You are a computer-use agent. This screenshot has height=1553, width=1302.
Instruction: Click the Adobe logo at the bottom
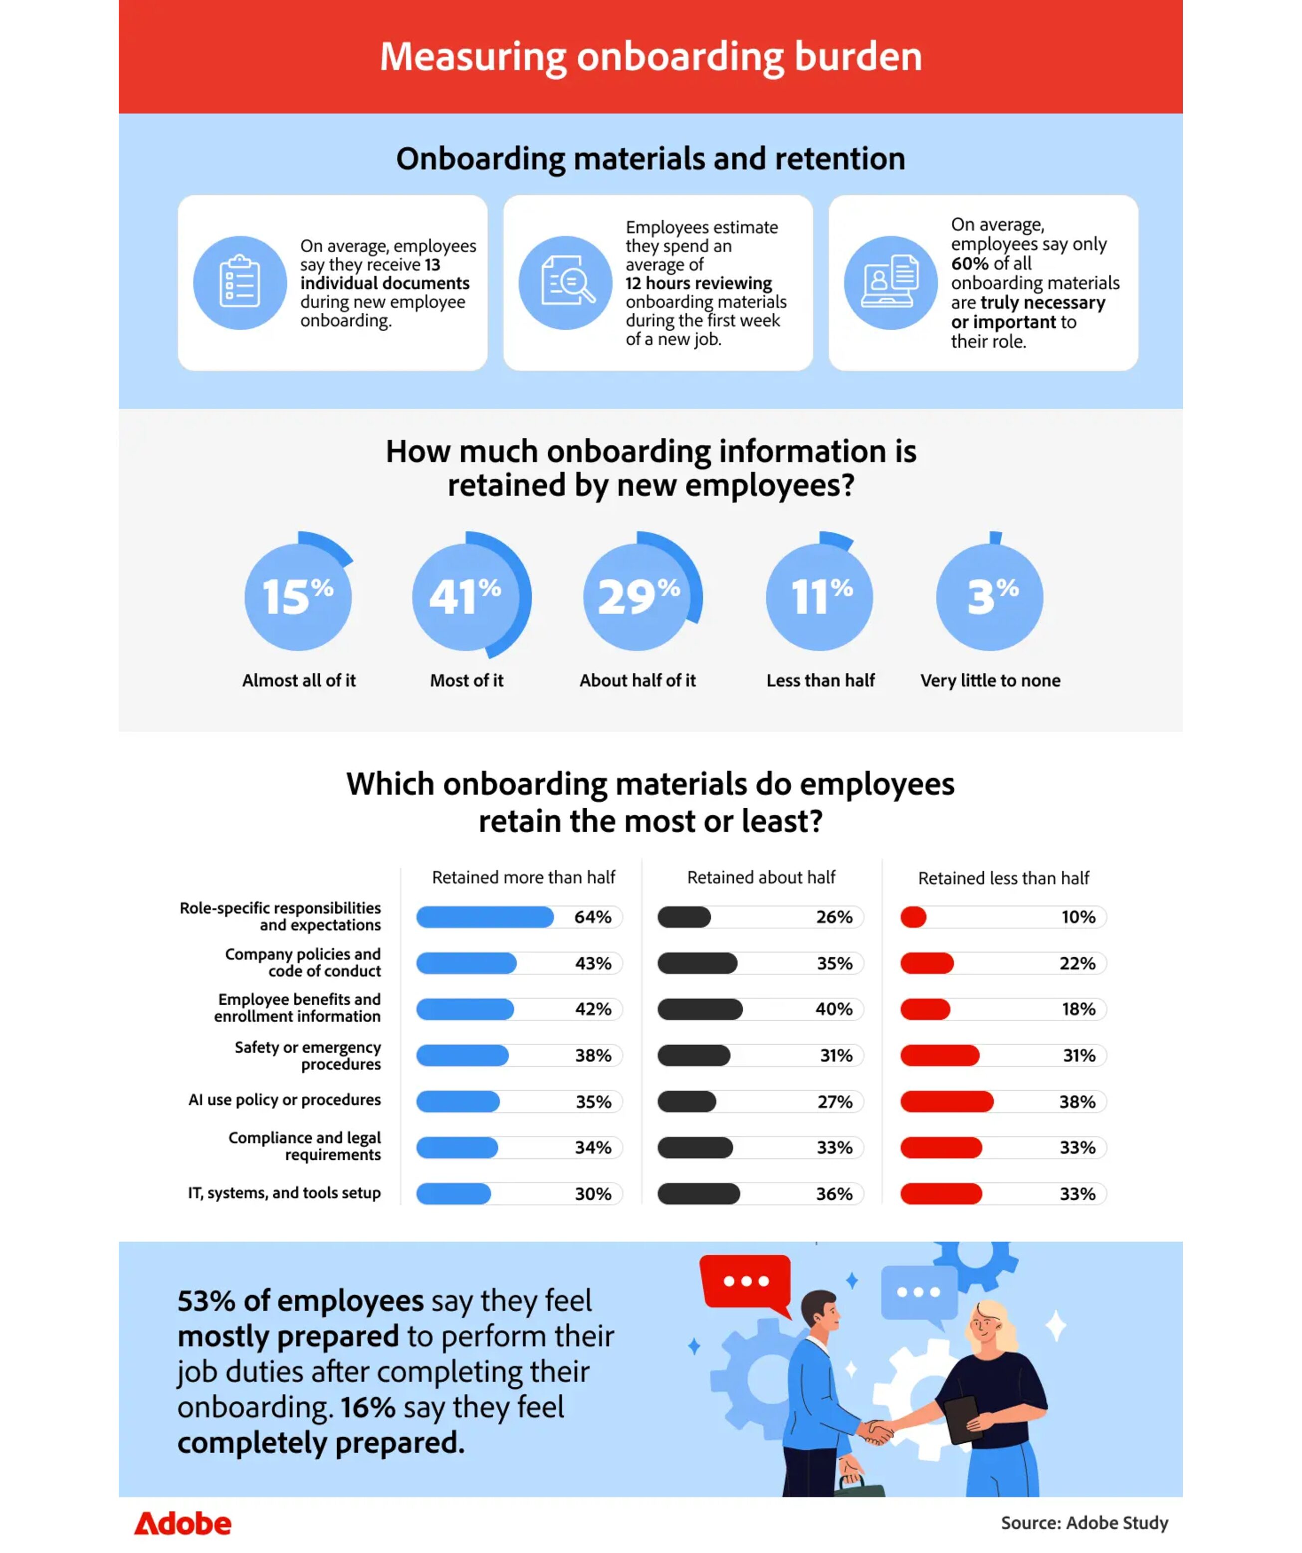coord(183,1524)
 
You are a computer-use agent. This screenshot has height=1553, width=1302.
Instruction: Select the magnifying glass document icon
coord(566,282)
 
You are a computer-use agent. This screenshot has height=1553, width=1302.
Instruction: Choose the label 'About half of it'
coord(638,680)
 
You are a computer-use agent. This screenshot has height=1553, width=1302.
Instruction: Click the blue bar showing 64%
coord(485,917)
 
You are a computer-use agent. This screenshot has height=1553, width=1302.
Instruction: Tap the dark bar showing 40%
coord(700,1009)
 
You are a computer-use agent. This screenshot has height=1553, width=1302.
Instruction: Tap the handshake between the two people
coord(877,1432)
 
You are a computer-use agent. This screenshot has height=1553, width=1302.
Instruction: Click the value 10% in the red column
coord(1078,917)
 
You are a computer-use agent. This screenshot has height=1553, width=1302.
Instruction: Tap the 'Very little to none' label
coord(990,680)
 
